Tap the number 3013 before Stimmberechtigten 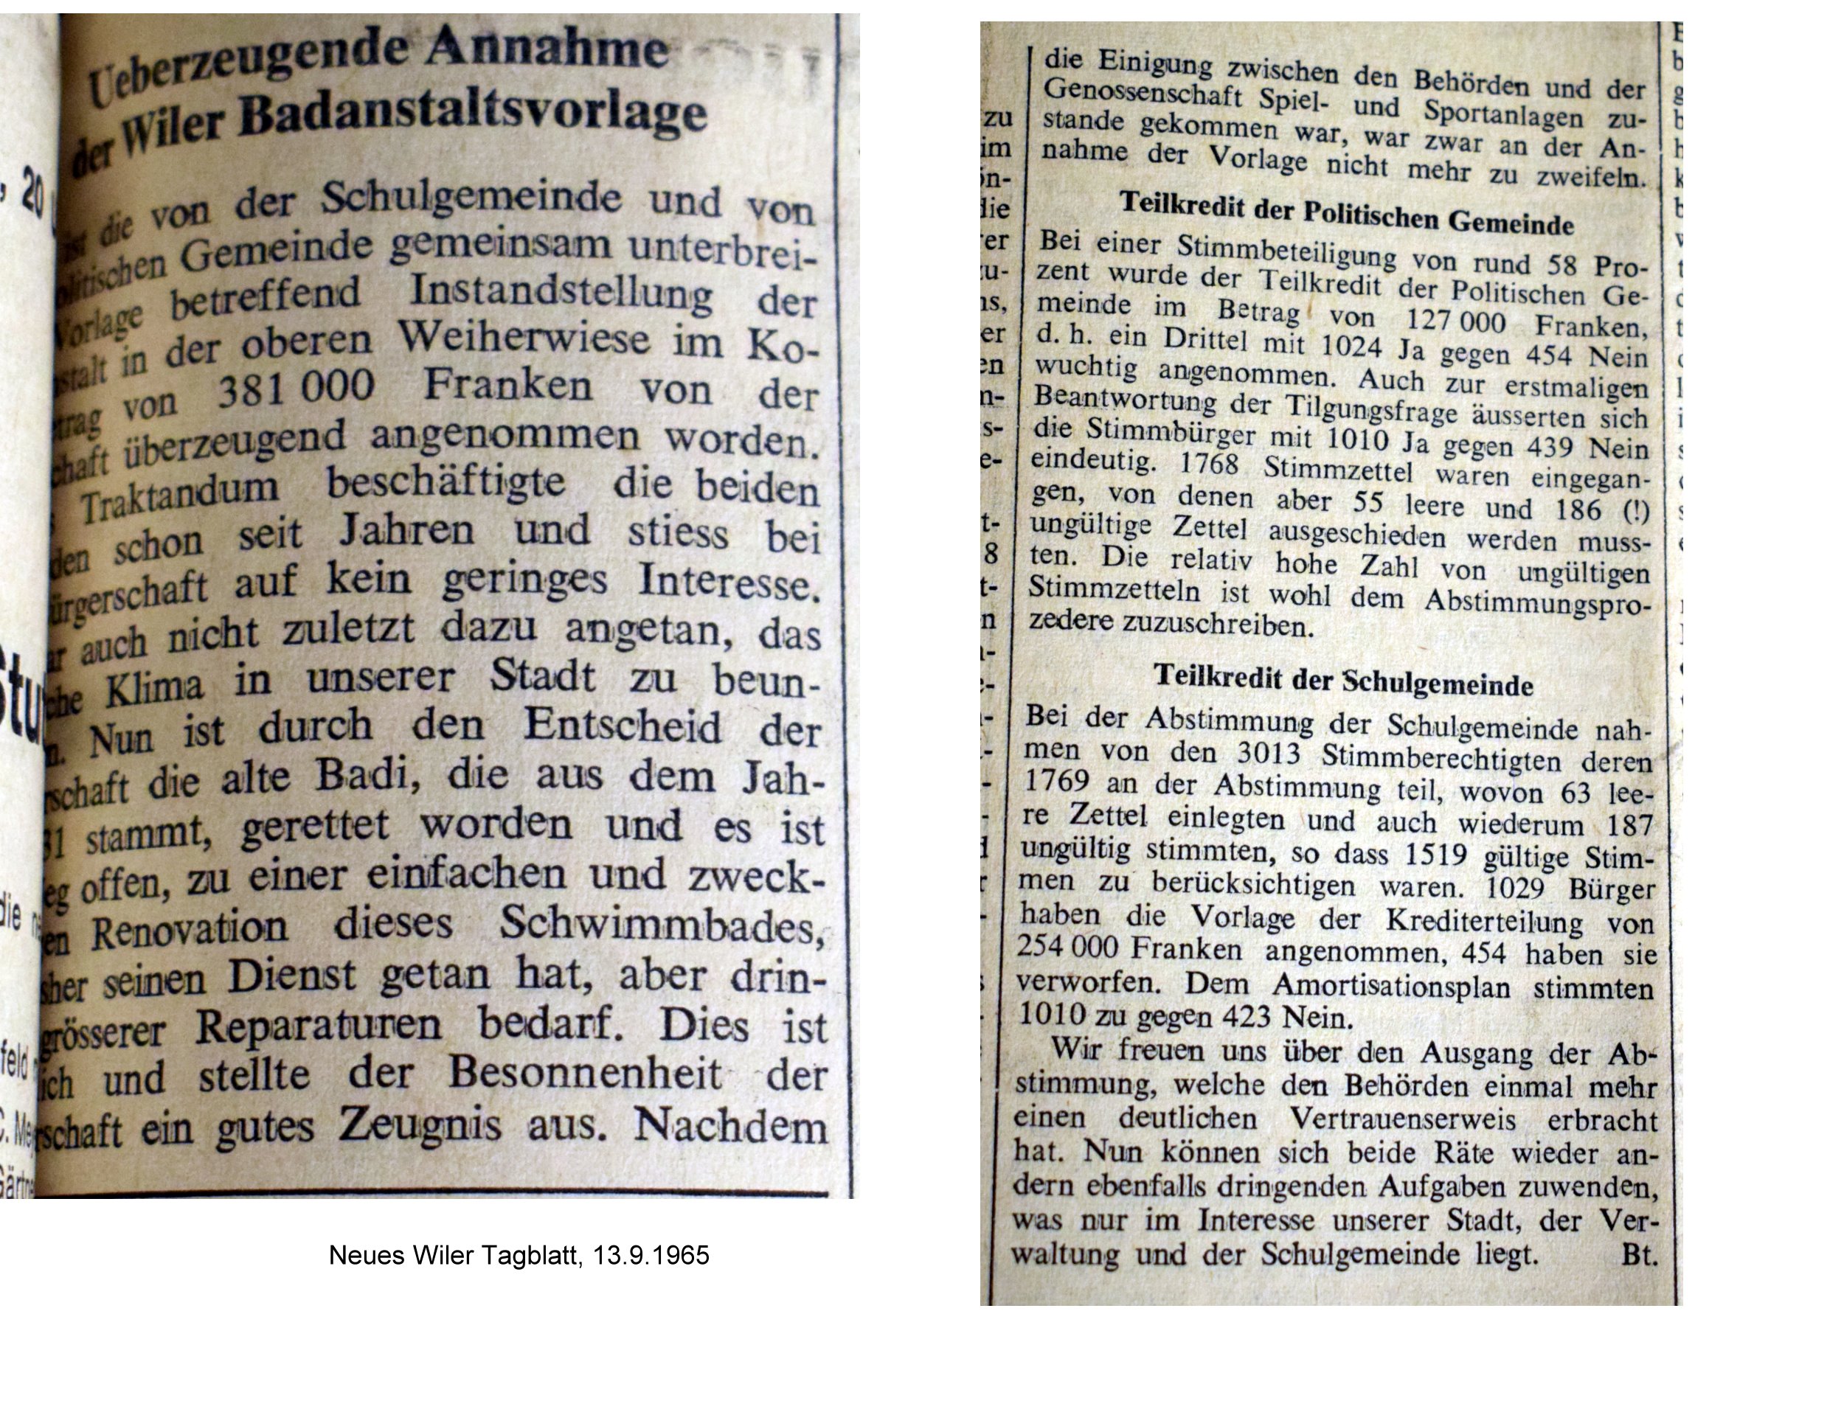(1268, 753)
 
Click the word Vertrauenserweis (1402, 1119)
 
